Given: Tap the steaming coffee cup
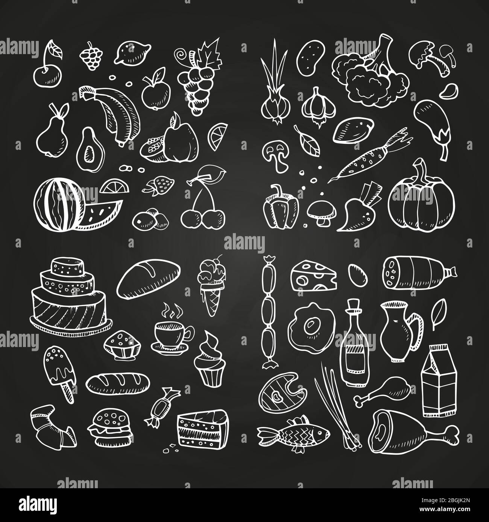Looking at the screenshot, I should (169, 333).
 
